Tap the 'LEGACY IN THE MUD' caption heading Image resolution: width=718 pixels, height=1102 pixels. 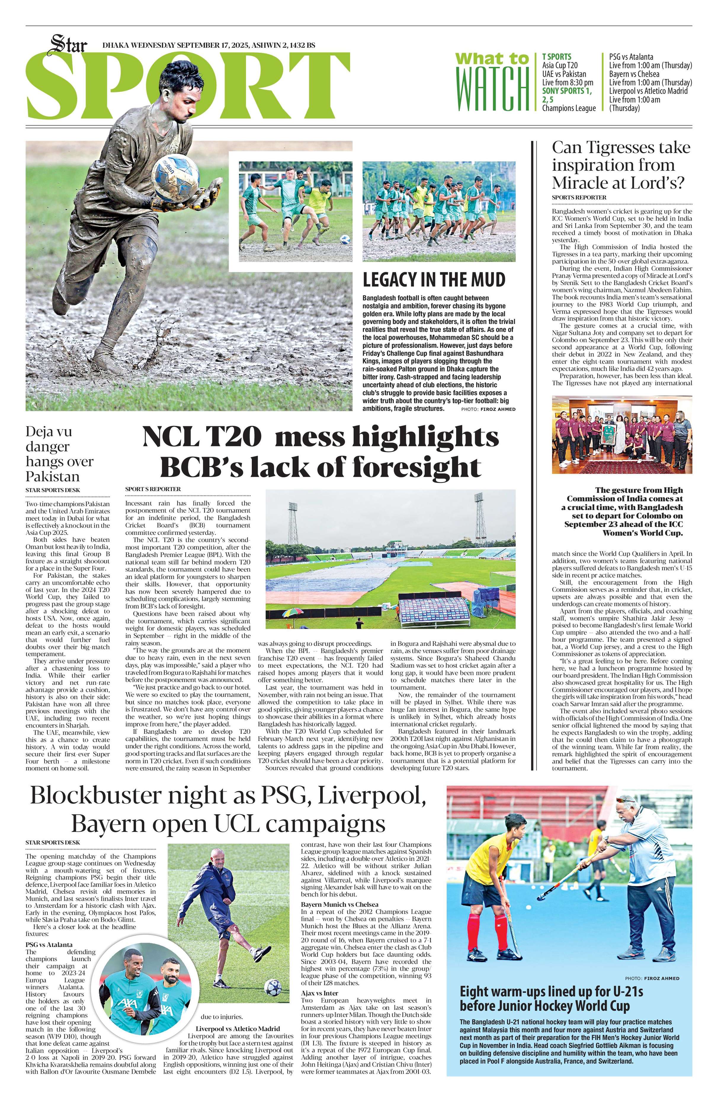pos(434,280)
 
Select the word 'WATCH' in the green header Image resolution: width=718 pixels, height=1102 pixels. pos(492,89)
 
